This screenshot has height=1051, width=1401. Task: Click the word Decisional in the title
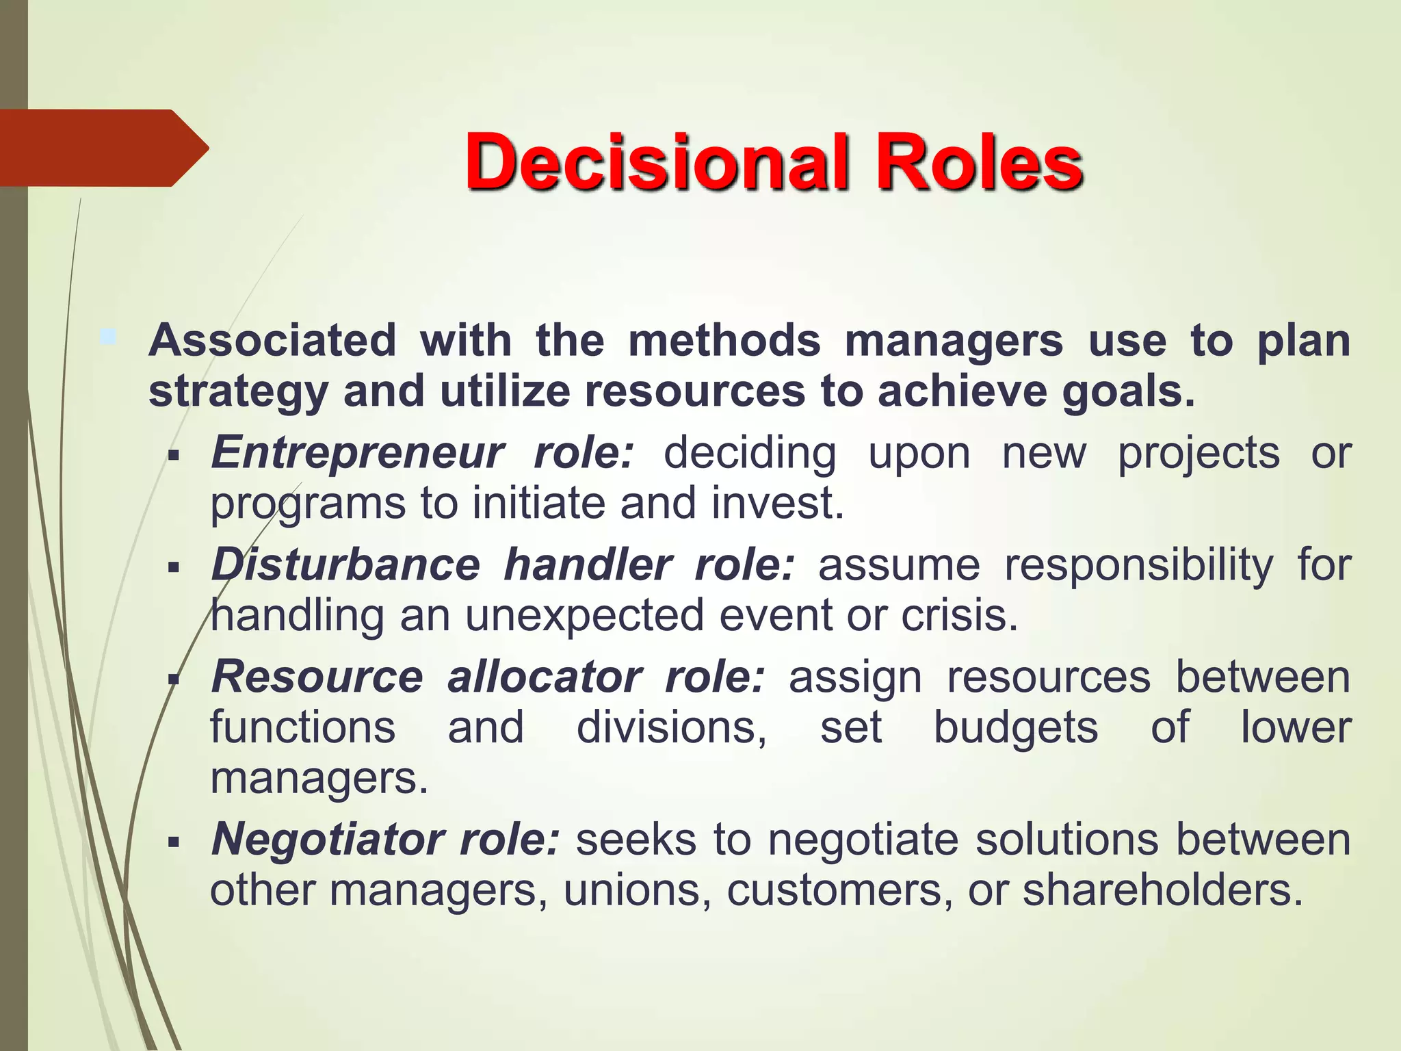(656, 161)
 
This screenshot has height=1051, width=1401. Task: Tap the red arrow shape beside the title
(103, 148)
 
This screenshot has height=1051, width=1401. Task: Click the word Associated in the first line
(272, 340)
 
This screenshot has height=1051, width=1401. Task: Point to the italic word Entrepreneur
(357, 452)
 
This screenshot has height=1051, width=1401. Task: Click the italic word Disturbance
(345, 565)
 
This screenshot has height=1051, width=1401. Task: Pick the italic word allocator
(544, 677)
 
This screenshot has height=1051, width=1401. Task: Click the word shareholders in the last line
(1162, 890)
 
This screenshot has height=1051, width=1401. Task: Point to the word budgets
(1016, 727)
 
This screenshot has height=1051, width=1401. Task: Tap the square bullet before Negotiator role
(173, 841)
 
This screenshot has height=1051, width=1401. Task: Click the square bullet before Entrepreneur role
(173, 455)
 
